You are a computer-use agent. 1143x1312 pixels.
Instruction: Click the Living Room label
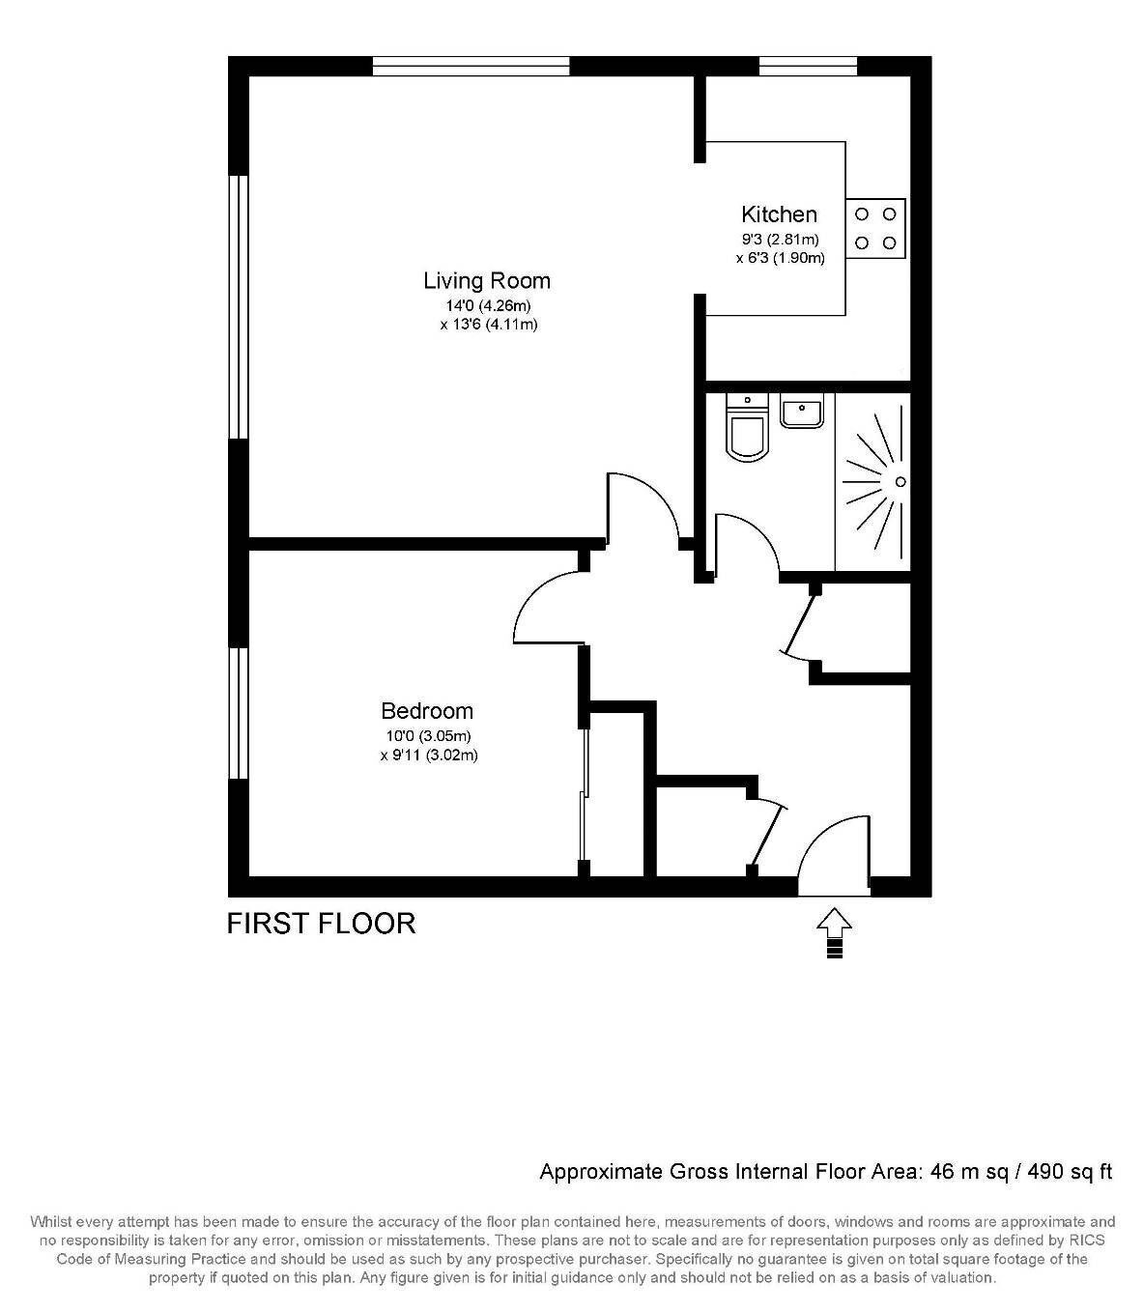click(487, 281)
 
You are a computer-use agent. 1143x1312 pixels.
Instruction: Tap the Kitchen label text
click(779, 214)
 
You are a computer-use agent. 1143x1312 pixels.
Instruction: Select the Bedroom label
click(427, 711)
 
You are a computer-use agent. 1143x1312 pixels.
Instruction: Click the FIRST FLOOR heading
click(321, 924)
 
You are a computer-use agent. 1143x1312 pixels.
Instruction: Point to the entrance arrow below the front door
click(834, 932)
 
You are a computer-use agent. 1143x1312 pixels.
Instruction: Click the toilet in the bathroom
click(748, 427)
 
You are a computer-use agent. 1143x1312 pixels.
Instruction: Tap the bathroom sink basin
click(801, 411)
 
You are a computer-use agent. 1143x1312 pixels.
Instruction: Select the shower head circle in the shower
click(900, 481)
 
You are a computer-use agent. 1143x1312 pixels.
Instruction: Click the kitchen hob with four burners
click(875, 229)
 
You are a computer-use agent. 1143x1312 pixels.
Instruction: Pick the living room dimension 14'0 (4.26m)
click(489, 305)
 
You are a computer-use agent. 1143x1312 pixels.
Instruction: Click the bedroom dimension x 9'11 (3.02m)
click(429, 755)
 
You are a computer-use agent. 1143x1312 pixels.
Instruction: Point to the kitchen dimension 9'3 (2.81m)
click(780, 240)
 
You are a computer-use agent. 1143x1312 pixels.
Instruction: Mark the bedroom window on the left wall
click(239, 713)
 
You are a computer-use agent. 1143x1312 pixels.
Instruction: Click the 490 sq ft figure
click(1070, 1172)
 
